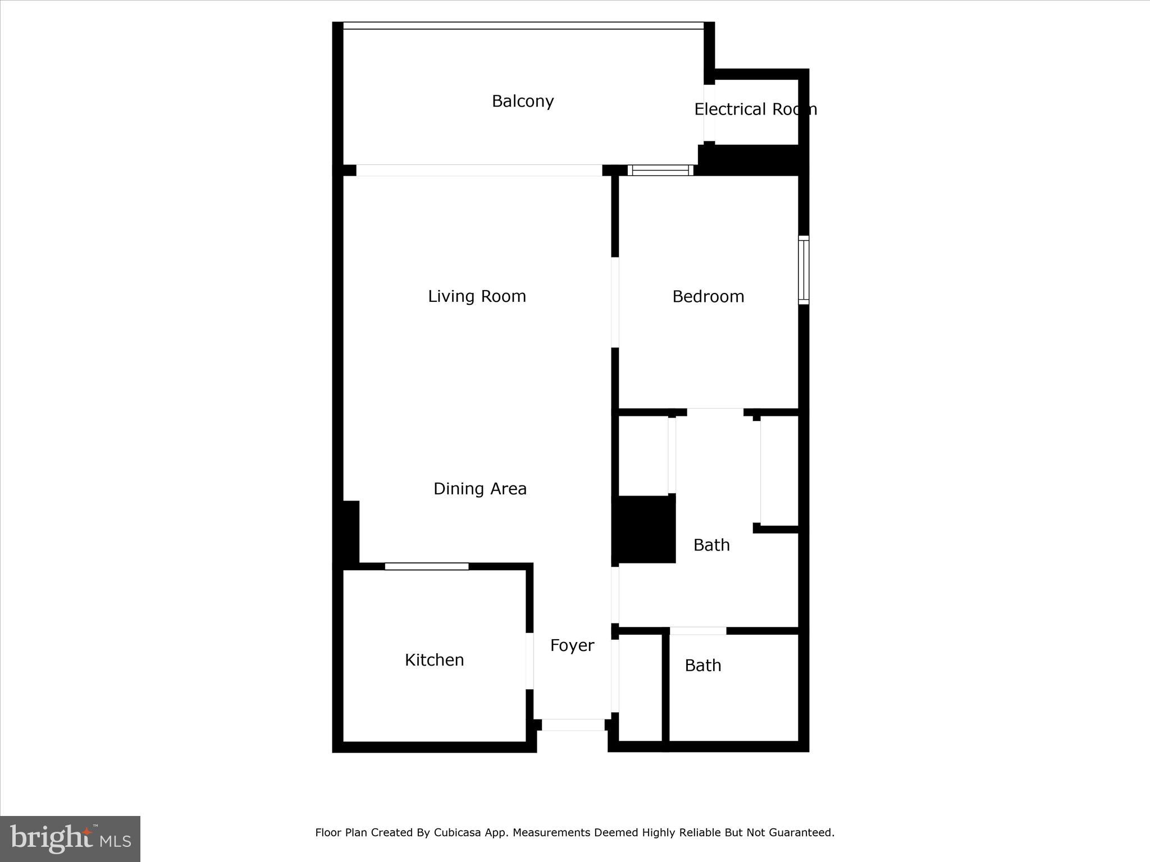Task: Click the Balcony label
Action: [x=523, y=101]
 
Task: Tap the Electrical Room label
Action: [x=755, y=109]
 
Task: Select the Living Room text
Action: [x=477, y=296]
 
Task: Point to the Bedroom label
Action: [x=708, y=296]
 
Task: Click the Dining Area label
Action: [x=480, y=489]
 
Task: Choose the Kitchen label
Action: [x=434, y=660]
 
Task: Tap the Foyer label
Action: [x=572, y=645]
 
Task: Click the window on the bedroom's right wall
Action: [x=804, y=270]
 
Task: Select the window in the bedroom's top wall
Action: [x=660, y=170]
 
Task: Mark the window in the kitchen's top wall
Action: [x=427, y=566]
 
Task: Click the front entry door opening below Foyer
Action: [x=573, y=725]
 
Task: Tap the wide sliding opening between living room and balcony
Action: [x=479, y=170]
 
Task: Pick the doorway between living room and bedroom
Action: [x=615, y=302]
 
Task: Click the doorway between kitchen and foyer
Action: [x=529, y=661]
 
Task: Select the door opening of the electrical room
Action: [x=709, y=113]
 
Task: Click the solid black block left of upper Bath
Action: [x=644, y=529]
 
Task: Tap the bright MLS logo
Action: [x=70, y=839]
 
